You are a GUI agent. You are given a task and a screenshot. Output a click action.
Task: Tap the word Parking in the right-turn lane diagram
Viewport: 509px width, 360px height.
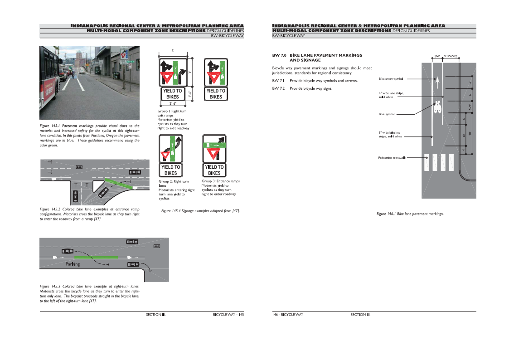pyautogui.click(x=73, y=264)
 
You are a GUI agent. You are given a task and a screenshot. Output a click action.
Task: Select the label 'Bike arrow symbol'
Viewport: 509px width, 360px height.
pyautogui.click(x=391, y=79)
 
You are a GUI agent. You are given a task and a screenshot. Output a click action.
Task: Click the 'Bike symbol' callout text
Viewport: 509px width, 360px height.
pyautogui.click(x=387, y=114)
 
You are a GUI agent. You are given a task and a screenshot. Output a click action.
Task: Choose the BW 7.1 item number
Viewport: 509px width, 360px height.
pyautogui.click(x=278, y=81)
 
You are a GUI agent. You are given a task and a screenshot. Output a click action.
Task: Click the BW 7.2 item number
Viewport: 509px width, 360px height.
pyautogui.click(x=278, y=88)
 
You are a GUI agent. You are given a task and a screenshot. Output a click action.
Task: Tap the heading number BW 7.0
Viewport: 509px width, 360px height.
pyautogui.click(x=279, y=55)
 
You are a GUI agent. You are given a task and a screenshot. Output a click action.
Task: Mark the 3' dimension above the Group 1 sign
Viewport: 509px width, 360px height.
pyautogui.click(x=173, y=51)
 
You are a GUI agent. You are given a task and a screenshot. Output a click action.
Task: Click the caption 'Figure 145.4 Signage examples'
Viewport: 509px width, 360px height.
pyautogui.click(x=200, y=211)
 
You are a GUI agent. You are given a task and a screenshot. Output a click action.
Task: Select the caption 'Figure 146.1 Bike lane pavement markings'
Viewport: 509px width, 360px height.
pyautogui.click(x=410, y=214)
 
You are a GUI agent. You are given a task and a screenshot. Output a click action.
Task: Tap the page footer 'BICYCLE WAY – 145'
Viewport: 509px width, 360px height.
pyautogui.click(x=228, y=315)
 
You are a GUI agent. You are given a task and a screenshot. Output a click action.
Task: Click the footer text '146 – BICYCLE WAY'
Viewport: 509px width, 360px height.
pyautogui.click(x=288, y=315)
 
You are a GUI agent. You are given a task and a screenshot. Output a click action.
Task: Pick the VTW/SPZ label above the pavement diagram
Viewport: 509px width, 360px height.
pyautogui.click(x=451, y=56)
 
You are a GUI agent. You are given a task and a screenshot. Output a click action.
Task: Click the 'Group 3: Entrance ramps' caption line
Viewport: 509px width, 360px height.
pyautogui.click(x=221, y=181)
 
